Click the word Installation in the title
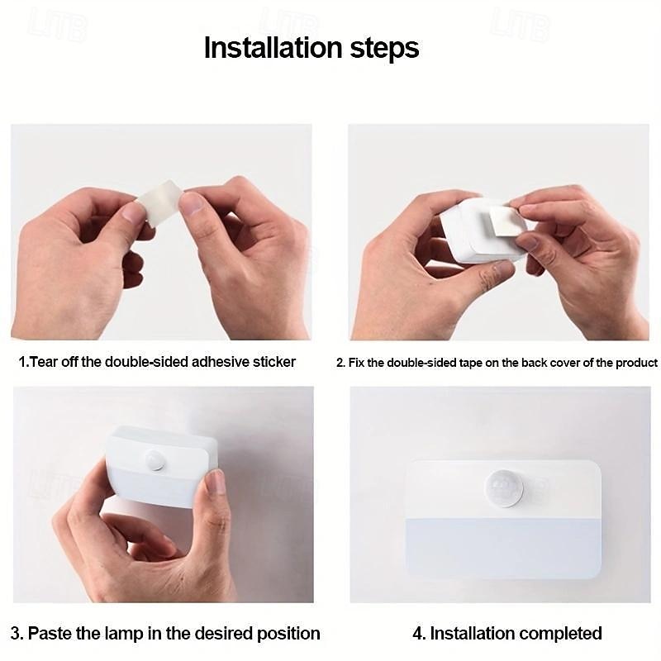(x=273, y=47)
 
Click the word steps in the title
(x=384, y=49)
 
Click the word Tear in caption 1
(x=44, y=362)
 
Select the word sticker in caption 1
(x=274, y=362)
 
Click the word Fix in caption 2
(x=356, y=363)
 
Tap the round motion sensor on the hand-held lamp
(x=155, y=460)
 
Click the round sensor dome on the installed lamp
(x=503, y=487)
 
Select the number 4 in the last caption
(x=417, y=633)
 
